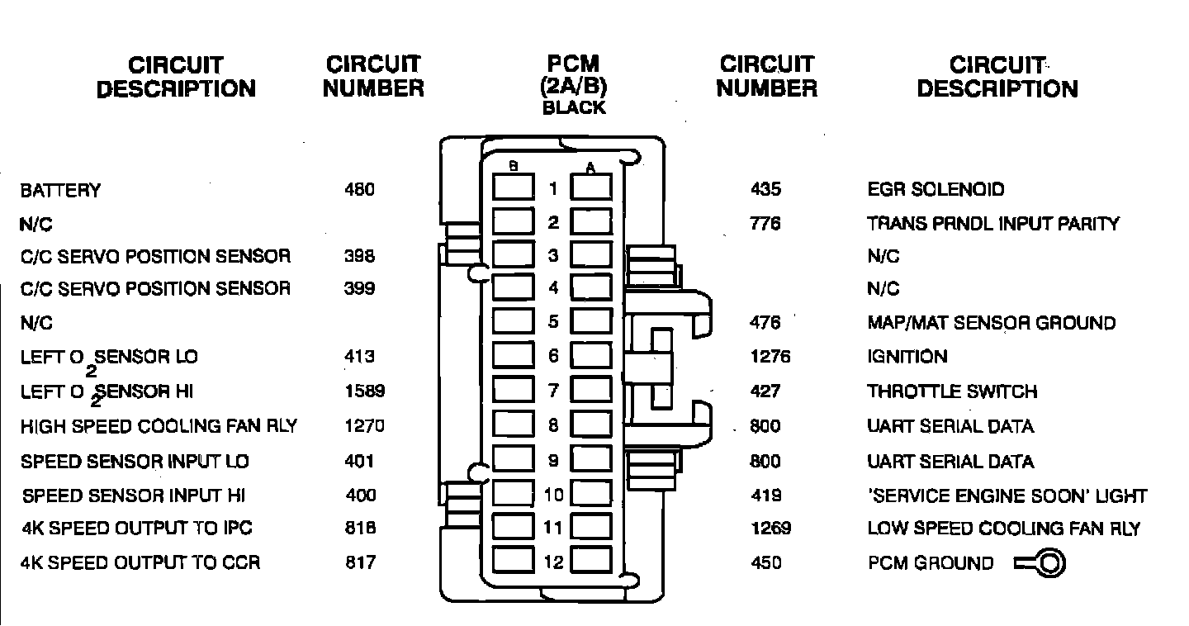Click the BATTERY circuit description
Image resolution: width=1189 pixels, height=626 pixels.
[60, 191]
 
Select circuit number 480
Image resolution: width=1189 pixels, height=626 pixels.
[359, 190]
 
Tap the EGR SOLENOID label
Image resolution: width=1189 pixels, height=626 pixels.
[936, 190]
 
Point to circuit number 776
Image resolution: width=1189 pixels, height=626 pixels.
[765, 224]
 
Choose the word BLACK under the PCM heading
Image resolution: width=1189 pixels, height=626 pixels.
[574, 108]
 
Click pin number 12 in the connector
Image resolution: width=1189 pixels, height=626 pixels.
[553, 563]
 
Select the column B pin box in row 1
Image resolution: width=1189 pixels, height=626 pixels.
[513, 188]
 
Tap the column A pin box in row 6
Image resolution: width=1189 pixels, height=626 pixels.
[592, 356]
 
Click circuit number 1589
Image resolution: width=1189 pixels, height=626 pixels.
[364, 391]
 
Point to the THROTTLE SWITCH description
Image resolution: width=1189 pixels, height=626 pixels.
[952, 391]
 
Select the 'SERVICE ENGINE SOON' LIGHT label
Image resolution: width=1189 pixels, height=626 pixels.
[1007, 496]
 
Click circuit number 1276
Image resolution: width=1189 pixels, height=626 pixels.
[770, 357]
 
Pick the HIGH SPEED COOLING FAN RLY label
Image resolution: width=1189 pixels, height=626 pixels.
[159, 427]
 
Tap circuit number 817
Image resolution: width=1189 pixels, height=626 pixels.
[360, 563]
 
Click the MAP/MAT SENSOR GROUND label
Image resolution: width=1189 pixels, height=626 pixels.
[991, 323]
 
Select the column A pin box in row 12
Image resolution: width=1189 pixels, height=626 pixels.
[592, 562]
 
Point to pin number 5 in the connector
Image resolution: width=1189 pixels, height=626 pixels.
[553, 322]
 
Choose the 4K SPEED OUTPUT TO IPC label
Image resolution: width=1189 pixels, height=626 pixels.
[136, 529]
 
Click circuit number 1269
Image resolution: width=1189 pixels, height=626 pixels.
[770, 529]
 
